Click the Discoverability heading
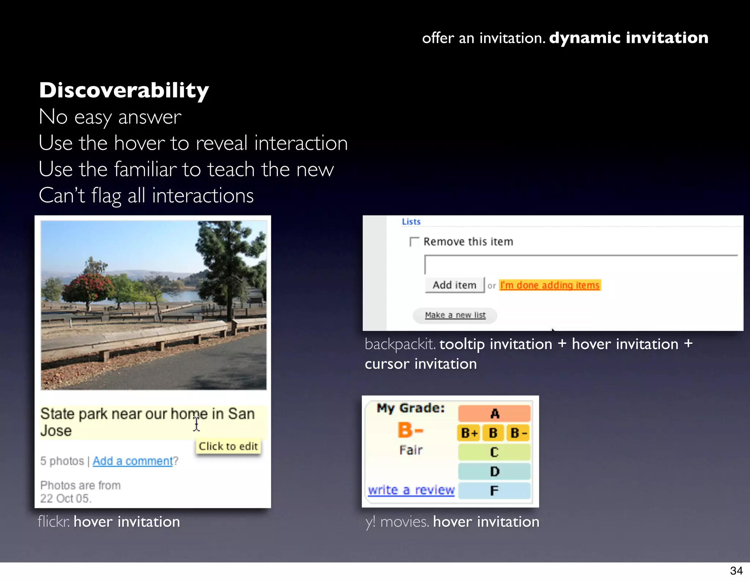[124, 90]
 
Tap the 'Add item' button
[454, 285]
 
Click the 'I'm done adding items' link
[550, 285]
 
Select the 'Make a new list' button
[455, 315]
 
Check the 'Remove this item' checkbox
[414, 242]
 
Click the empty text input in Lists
[580, 265]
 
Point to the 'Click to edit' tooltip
[228, 446]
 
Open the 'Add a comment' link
[133, 461]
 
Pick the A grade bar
[494, 414]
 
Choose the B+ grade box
[469, 433]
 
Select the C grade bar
[494, 452]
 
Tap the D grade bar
[494, 472]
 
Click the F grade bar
[494, 491]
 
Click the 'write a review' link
[411, 490]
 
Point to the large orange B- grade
[411, 430]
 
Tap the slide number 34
[736, 571]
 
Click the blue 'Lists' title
[411, 221]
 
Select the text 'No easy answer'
[110, 117]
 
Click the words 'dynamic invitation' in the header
[628, 38]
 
